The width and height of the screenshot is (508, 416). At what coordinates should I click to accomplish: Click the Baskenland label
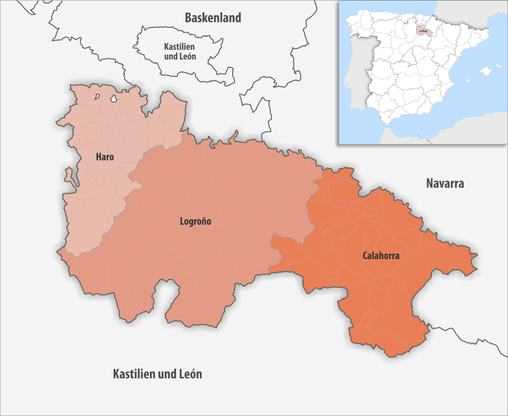pos(213,18)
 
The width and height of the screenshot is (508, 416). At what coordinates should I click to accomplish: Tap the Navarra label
pos(445,184)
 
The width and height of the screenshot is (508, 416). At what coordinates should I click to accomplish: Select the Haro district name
pos(105,157)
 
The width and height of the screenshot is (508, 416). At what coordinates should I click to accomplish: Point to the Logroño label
pos(195,221)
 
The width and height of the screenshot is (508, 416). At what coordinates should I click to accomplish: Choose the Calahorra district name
pos(381,256)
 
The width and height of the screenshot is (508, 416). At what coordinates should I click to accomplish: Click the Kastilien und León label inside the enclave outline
pos(180,52)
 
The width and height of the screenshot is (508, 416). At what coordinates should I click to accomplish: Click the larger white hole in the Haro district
pos(114,99)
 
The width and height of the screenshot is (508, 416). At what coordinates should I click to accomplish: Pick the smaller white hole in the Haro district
pos(98,97)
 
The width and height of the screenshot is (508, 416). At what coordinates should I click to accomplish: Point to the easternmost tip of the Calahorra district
pos(477,257)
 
